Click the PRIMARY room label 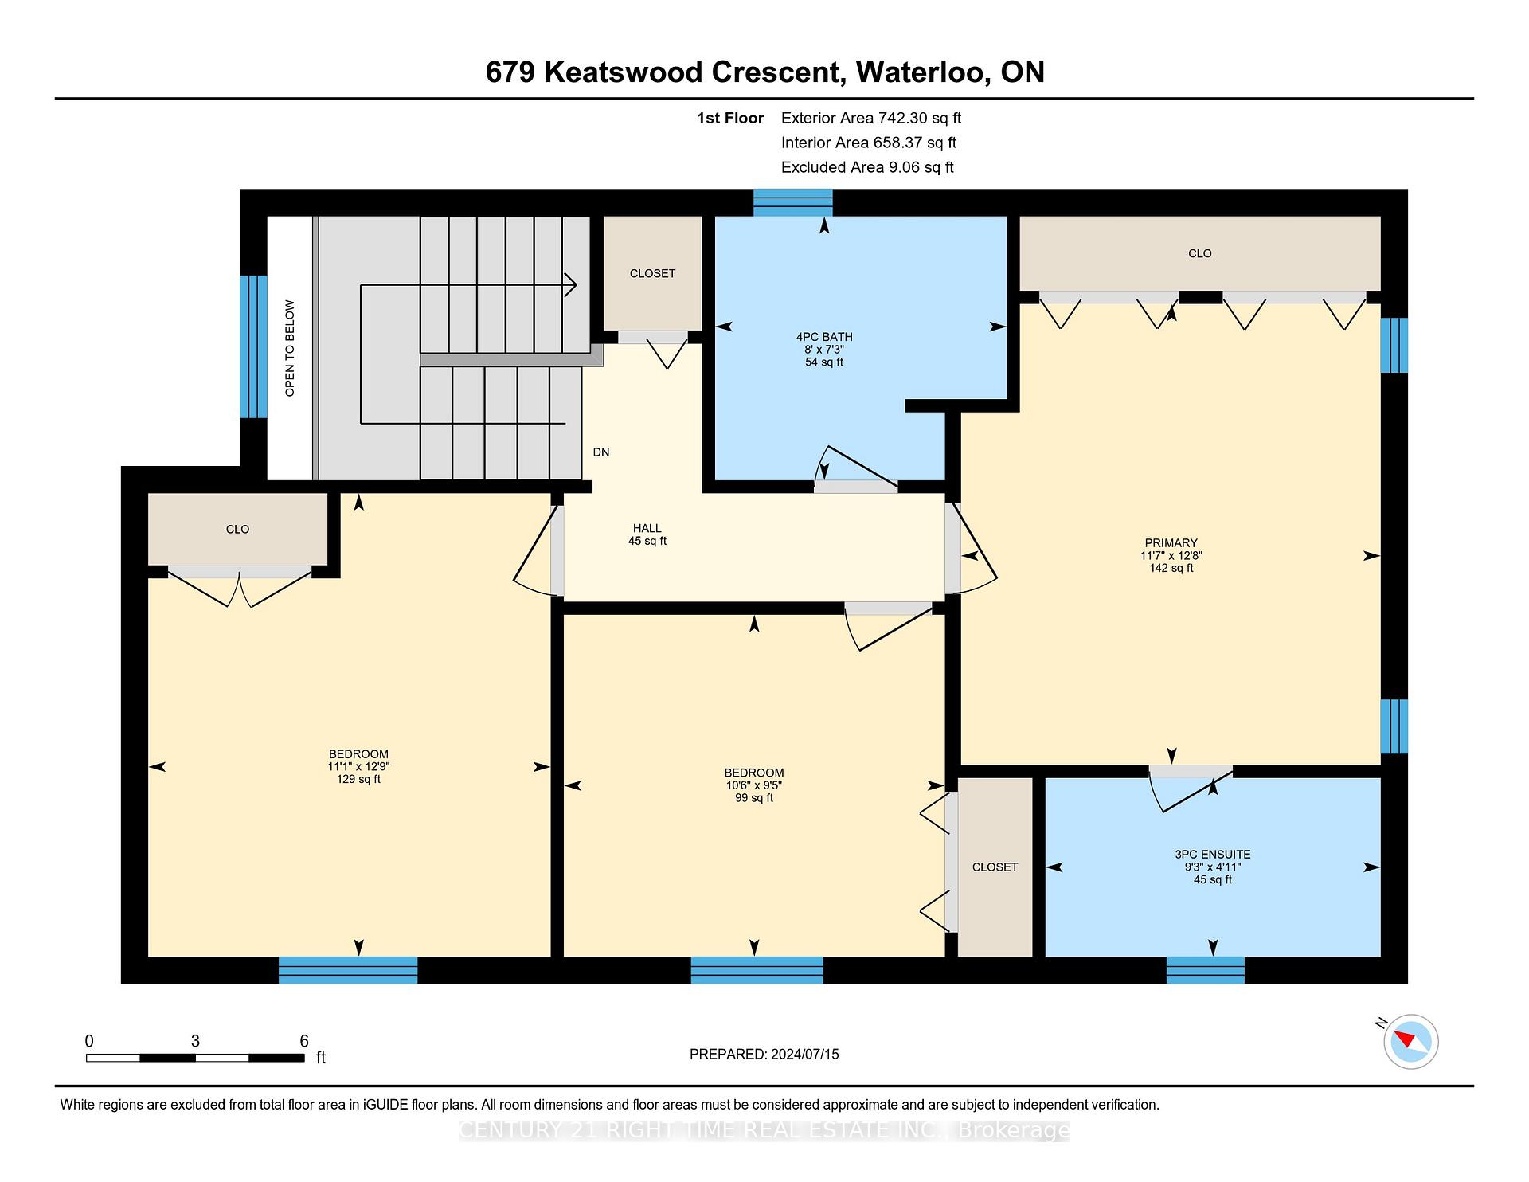pyautogui.click(x=1171, y=543)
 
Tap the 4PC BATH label pyautogui.click(x=824, y=337)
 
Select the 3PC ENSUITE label pyautogui.click(x=1213, y=855)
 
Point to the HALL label pyautogui.click(x=647, y=528)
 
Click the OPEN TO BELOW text pyautogui.click(x=290, y=348)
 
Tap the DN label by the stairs pyautogui.click(x=601, y=452)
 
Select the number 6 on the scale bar pyautogui.click(x=304, y=1041)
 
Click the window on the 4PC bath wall pyautogui.click(x=793, y=202)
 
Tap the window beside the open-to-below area pyautogui.click(x=253, y=346)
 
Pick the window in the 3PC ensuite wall pyautogui.click(x=1206, y=970)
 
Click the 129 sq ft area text pyautogui.click(x=358, y=780)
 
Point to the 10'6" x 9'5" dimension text pyautogui.click(x=754, y=785)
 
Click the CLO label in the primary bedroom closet pyautogui.click(x=1200, y=253)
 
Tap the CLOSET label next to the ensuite pyautogui.click(x=995, y=867)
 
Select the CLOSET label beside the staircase pyautogui.click(x=653, y=273)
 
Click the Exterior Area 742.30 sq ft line pyautogui.click(x=871, y=118)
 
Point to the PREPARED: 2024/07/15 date pyautogui.click(x=764, y=1055)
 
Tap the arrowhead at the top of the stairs pyautogui.click(x=570, y=284)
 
